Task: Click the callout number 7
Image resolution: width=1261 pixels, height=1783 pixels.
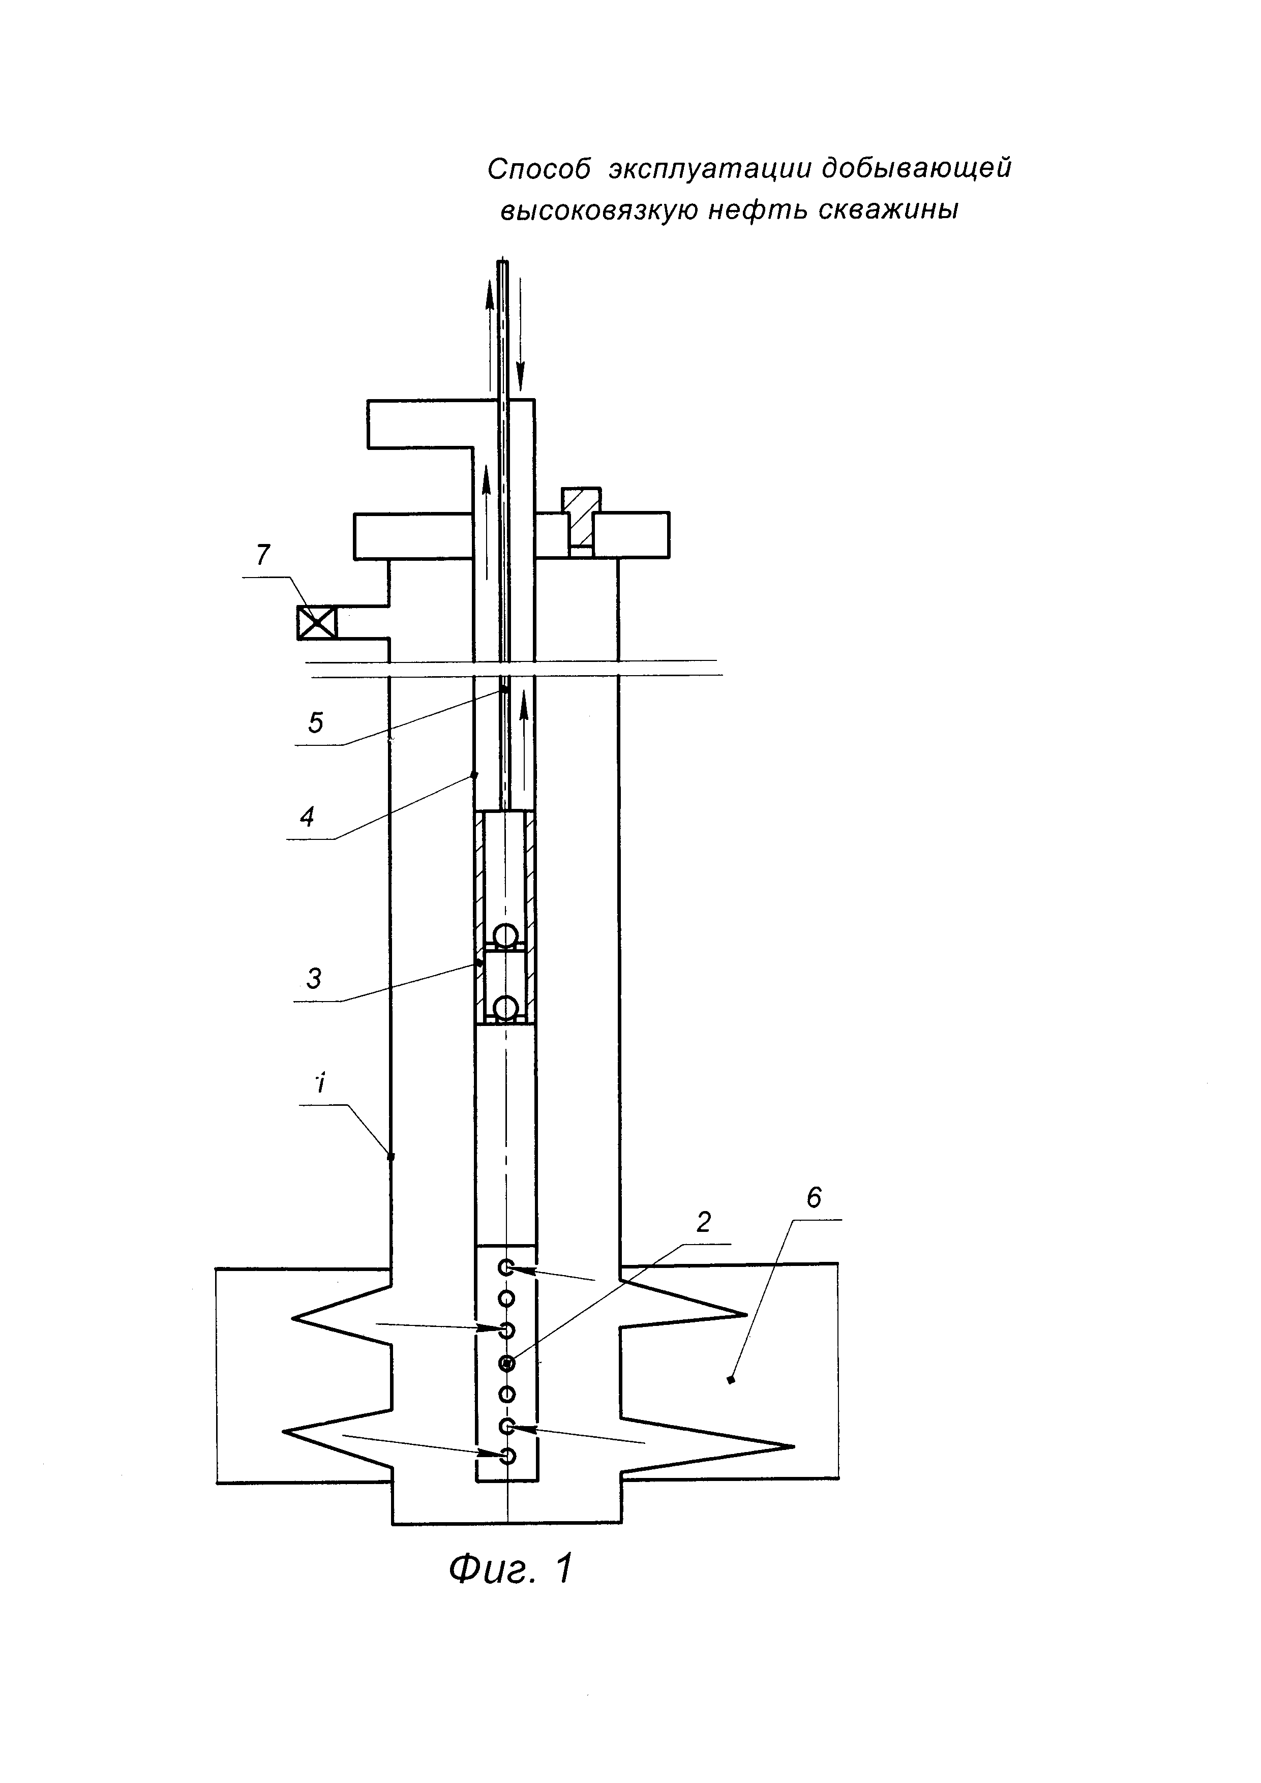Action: (x=263, y=556)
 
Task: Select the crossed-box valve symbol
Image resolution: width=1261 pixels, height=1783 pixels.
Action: (x=317, y=622)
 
